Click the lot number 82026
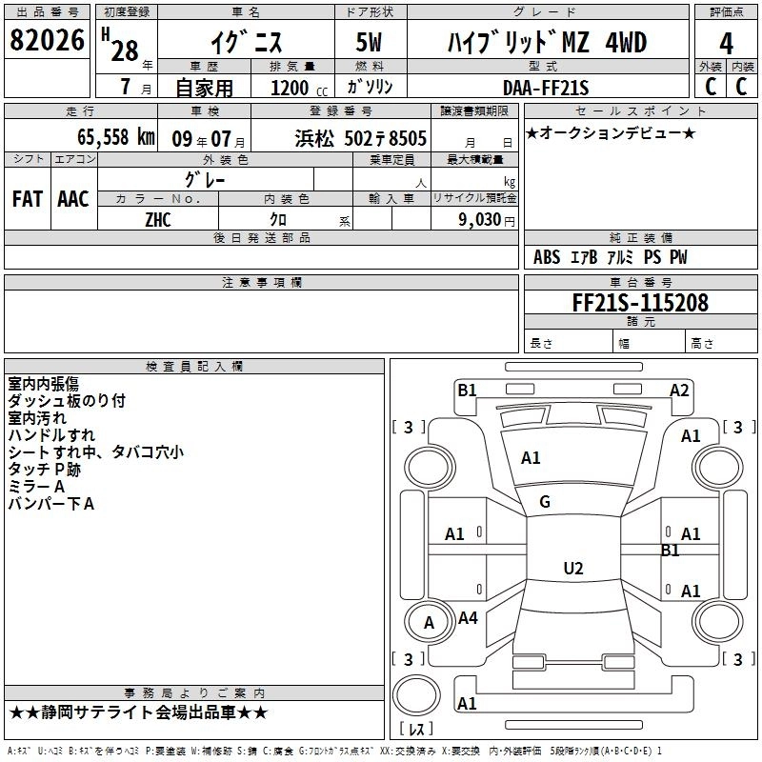coord(47,41)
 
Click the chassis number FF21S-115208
coord(639,303)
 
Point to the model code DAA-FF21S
coord(546,88)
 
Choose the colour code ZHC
coord(158,218)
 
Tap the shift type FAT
coord(27,198)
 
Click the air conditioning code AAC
coord(73,198)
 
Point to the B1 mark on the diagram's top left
coord(467,390)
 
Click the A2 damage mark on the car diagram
coord(679,390)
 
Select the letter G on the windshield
coord(545,502)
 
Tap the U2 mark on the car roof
coord(572,569)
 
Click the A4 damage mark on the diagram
coord(468,618)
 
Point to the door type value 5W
coord(371,44)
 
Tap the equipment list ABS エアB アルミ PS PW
coord(610,257)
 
